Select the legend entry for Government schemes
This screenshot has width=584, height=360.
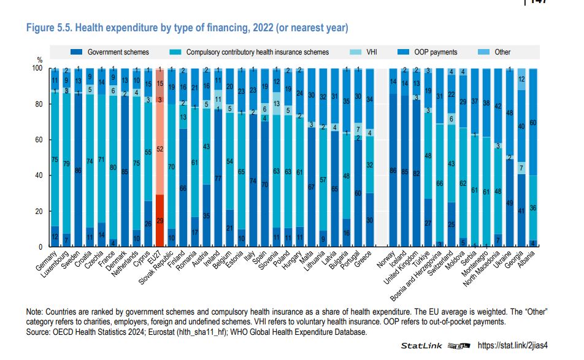[118, 52]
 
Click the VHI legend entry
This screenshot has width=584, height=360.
[371, 52]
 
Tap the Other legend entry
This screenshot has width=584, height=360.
[502, 52]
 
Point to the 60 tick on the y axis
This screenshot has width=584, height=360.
[41, 140]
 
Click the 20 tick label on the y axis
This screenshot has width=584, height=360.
[41, 211]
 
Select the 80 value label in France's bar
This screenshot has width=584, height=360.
[113, 167]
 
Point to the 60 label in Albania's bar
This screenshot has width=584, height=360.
[533, 123]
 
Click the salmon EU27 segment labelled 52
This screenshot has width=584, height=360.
[160, 149]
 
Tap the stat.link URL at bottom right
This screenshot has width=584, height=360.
[520, 347]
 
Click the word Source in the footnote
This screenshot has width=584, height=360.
[39, 332]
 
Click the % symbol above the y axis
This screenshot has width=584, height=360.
[39, 60]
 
